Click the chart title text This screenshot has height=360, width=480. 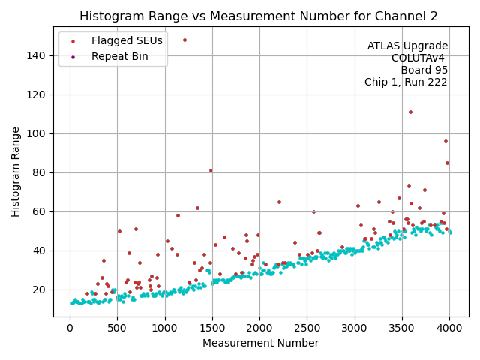click(x=259, y=16)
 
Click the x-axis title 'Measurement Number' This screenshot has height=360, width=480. click(x=260, y=343)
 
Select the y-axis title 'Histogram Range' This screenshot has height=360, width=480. click(x=16, y=172)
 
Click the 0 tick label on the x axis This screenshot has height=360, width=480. click(x=70, y=327)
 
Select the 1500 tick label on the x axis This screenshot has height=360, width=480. click(x=212, y=327)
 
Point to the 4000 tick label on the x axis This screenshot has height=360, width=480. click(x=449, y=327)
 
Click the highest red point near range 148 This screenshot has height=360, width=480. click(x=184, y=40)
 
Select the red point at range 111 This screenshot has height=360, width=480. click(x=410, y=112)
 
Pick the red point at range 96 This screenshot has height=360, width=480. click(x=445, y=141)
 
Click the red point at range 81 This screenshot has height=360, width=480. click(x=211, y=170)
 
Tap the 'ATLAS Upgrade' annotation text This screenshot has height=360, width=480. click(x=407, y=46)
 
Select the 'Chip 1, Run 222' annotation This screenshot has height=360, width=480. click(x=406, y=82)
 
